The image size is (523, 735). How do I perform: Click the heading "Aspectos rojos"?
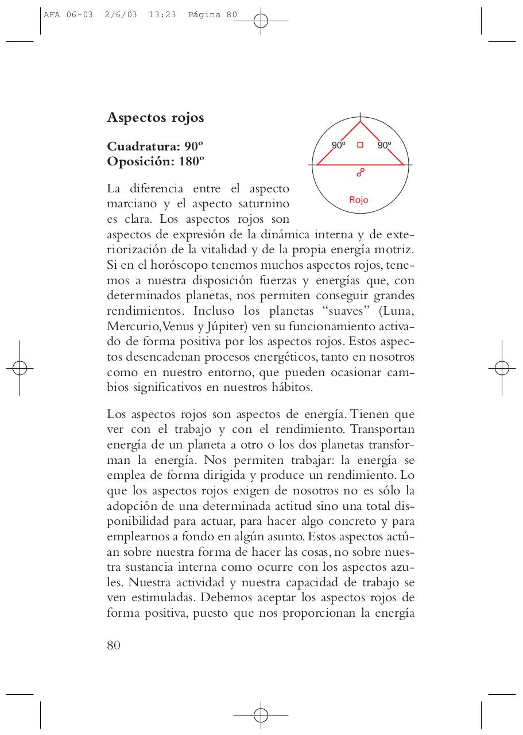point(156,118)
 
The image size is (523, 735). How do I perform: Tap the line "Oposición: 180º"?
point(156,161)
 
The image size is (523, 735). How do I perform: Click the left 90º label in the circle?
point(339,145)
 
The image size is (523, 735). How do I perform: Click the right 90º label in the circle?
point(384,145)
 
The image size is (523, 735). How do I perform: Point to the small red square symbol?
point(361,145)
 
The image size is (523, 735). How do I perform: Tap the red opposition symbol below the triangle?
point(361,172)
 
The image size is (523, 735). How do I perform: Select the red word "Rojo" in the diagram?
point(359,200)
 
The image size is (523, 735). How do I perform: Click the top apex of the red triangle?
point(361,122)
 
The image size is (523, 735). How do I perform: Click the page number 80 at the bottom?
point(114,645)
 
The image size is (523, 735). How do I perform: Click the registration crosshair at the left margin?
point(20,367)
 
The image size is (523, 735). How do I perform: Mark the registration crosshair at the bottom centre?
point(261,715)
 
